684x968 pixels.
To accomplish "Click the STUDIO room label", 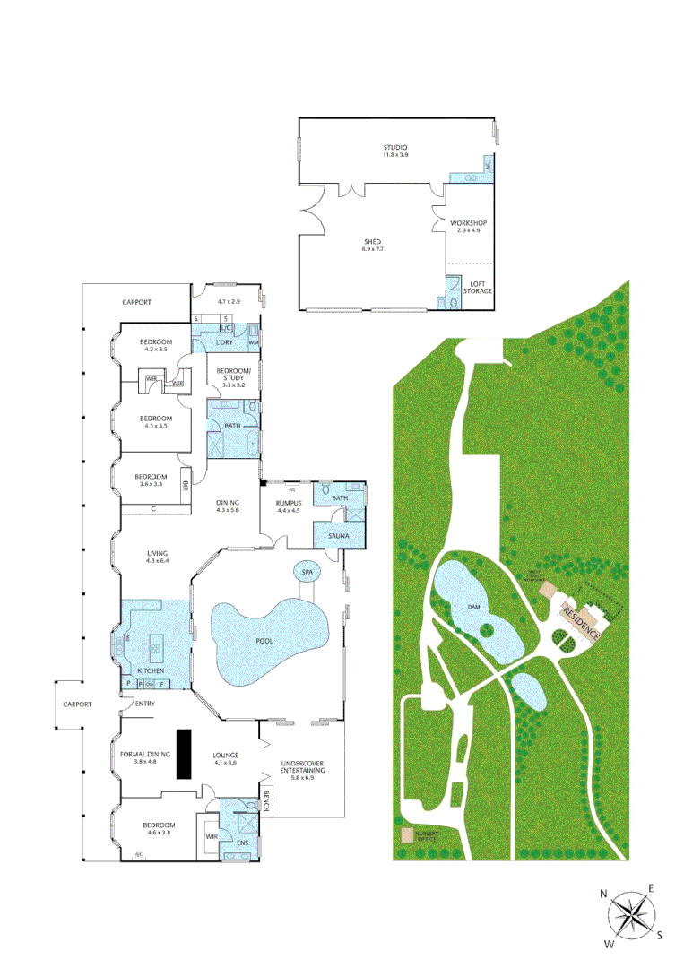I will point(395,147).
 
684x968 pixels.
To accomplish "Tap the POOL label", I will point(264,640).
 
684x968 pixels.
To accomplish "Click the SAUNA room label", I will point(338,535).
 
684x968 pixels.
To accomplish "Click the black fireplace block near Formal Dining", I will point(185,754).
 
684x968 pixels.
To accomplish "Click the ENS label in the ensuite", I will point(240,843).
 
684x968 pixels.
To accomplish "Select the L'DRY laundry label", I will point(223,342).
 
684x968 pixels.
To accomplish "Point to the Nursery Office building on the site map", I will point(408,834).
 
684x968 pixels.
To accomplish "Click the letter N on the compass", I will point(604,893).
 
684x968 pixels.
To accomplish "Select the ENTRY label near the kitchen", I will point(145,704).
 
